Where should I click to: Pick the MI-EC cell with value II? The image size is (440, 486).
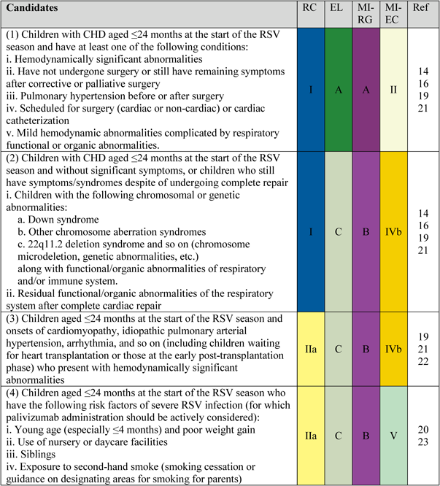coord(390,89)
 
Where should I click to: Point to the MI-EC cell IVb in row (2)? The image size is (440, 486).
coord(390,231)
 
